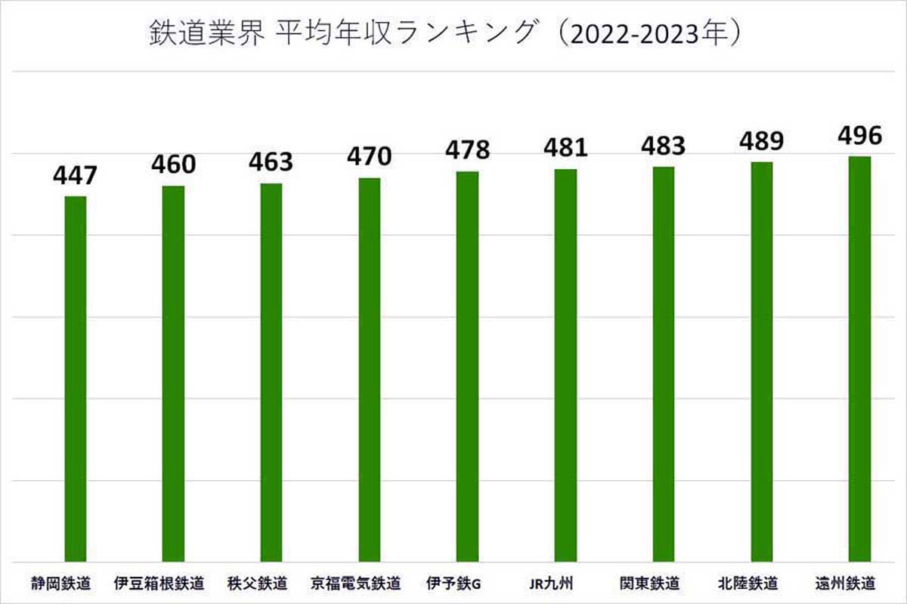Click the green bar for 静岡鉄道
(x=75, y=377)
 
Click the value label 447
(x=75, y=177)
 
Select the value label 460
(x=173, y=165)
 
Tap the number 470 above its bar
(x=370, y=157)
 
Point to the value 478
(x=468, y=150)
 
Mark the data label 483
(x=663, y=146)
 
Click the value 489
(x=761, y=141)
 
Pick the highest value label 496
(x=859, y=136)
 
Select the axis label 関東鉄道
(x=649, y=584)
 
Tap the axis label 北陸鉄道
(x=748, y=584)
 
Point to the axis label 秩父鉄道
(x=257, y=584)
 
